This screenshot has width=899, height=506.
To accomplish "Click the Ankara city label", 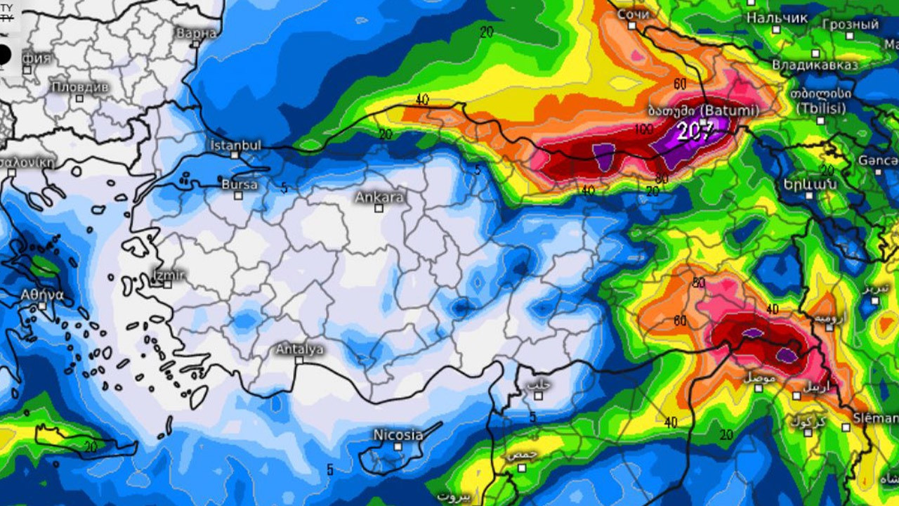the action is [x=379, y=197].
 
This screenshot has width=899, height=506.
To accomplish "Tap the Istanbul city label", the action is [x=236, y=145].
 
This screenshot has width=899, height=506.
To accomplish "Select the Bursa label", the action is [x=239, y=184].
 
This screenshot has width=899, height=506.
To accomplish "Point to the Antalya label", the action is [x=300, y=349].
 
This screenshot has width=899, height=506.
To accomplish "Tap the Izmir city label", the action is [x=169, y=274].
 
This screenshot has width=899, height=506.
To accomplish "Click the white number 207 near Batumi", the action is [x=695, y=129].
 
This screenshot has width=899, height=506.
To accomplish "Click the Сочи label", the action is [x=633, y=14].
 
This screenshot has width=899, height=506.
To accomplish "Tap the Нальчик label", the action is [x=777, y=18].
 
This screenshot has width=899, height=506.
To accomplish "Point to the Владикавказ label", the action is [x=815, y=65].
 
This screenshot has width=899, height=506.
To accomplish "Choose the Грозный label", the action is [x=851, y=25].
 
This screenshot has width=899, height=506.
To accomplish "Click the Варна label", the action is [x=197, y=33].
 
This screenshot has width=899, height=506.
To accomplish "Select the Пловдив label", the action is [x=80, y=87].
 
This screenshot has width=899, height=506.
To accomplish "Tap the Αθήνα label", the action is [x=43, y=294].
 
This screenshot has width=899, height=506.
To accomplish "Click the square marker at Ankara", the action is [x=379, y=208].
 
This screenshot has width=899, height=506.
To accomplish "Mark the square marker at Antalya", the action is [x=299, y=360].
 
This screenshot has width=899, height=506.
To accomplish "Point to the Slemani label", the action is [x=875, y=418].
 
